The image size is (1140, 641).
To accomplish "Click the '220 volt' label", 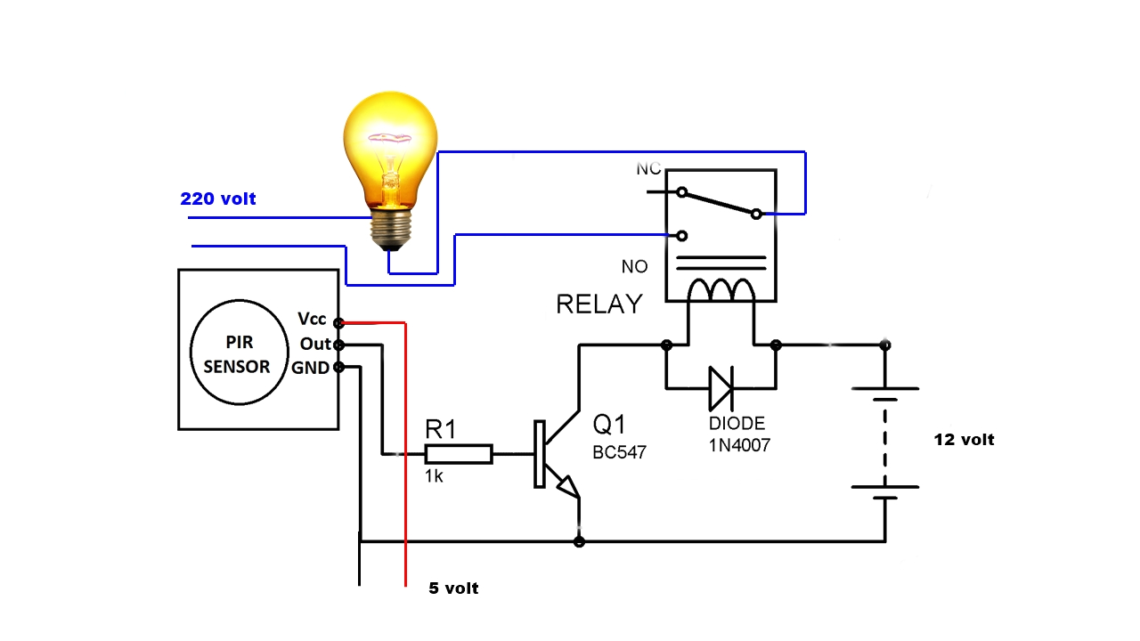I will [x=218, y=199].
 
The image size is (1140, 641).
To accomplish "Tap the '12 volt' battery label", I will [x=964, y=440].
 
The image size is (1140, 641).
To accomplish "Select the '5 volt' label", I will [x=453, y=588].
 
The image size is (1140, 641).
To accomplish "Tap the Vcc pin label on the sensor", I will [x=312, y=320].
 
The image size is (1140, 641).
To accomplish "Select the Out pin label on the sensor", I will [x=315, y=344].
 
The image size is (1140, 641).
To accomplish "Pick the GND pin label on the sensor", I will [x=311, y=368].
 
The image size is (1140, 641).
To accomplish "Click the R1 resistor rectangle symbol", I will [x=459, y=454].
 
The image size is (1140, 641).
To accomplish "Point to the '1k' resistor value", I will [x=435, y=477].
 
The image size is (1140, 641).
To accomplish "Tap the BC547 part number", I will [x=620, y=452].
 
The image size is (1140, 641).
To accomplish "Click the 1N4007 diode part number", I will [x=739, y=445].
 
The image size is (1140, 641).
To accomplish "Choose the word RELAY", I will [x=598, y=304].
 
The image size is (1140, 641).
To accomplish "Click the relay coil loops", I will [x=721, y=289].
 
